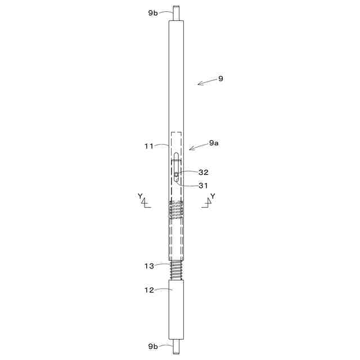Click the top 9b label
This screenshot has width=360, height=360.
(153, 13)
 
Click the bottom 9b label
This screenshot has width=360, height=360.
(153, 346)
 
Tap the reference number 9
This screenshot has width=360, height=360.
(220, 79)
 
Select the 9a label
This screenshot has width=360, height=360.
(214, 143)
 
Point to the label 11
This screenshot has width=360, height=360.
(148, 146)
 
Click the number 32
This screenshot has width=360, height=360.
(203, 173)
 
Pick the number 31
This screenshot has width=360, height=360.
(203, 186)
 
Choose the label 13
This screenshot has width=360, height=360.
(149, 266)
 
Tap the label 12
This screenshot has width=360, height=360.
(149, 290)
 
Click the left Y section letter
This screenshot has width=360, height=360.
(140, 196)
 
